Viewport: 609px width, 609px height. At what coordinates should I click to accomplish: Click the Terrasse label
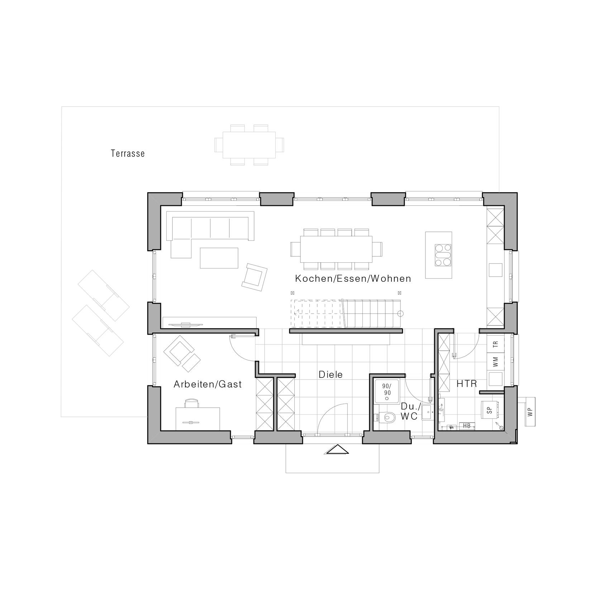(x=128, y=153)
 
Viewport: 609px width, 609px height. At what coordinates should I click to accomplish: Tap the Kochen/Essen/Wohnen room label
(x=353, y=279)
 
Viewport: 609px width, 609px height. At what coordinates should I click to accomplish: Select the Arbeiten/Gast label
(x=208, y=384)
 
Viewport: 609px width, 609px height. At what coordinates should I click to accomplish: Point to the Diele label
(x=330, y=375)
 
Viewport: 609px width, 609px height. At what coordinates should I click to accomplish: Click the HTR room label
(x=467, y=384)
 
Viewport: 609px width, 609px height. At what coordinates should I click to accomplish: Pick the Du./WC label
(x=409, y=411)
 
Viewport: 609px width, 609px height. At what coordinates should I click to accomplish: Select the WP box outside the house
(x=530, y=411)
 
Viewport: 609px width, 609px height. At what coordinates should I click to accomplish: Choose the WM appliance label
(x=496, y=362)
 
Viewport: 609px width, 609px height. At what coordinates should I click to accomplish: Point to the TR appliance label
(x=496, y=344)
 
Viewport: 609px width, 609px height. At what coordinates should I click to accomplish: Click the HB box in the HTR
(x=467, y=426)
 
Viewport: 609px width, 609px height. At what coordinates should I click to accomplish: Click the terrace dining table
(x=249, y=145)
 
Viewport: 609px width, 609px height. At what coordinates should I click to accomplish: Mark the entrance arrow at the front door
(x=337, y=449)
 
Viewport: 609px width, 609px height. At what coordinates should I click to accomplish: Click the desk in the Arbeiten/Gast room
(x=198, y=418)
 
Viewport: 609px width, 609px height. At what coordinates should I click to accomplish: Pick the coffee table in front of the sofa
(x=219, y=258)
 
